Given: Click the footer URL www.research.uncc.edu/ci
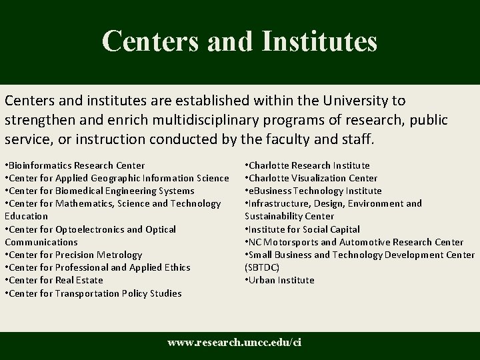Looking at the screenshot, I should point(234,343).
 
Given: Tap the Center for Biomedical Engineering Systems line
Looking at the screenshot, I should point(99,191).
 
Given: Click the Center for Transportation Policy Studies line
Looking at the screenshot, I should point(93,293).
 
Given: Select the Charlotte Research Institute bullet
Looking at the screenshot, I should point(307,165).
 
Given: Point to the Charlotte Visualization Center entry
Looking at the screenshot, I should point(311,178).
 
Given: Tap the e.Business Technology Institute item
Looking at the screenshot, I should point(313,191).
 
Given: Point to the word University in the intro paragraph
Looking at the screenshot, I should point(358,101).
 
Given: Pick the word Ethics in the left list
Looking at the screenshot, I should point(177,267).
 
